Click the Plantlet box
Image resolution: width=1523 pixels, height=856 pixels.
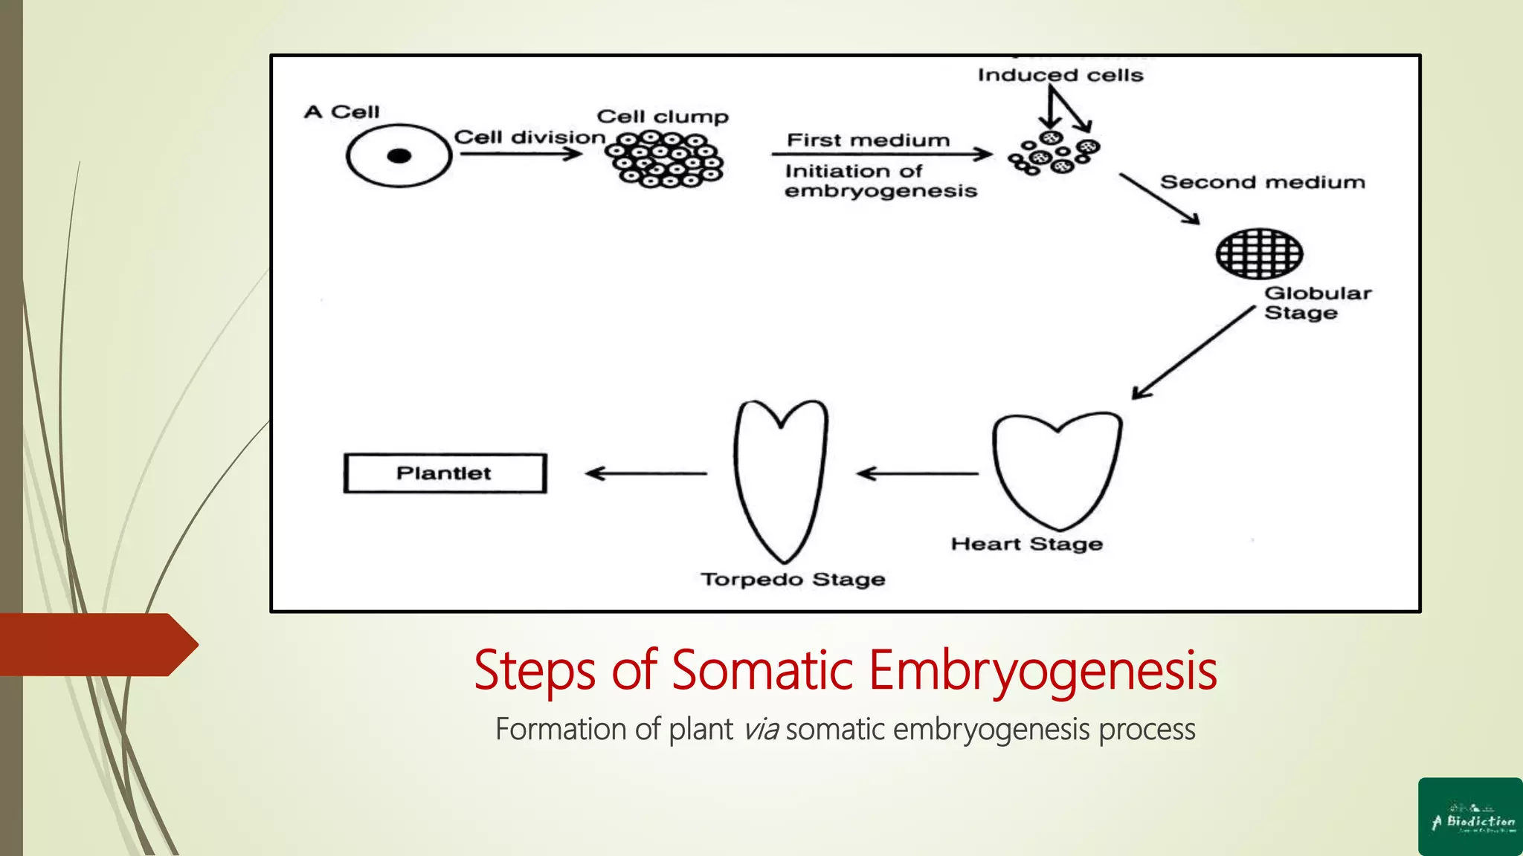[x=445, y=473]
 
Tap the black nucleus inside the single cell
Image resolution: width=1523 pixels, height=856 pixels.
[x=399, y=156]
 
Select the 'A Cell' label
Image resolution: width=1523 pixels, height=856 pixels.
[x=342, y=112]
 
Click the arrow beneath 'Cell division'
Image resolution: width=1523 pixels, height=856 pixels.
[x=521, y=154]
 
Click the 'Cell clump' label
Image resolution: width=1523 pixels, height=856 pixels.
[x=663, y=117]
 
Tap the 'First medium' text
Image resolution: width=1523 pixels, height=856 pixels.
[x=869, y=140]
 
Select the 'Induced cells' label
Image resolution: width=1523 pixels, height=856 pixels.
[x=1060, y=75]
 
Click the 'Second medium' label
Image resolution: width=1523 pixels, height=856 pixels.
[x=1263, y=182]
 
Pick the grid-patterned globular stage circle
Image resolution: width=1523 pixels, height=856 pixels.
[x=1259, y=253]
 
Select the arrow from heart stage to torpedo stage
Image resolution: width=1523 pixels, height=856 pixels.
[x=918, y=473]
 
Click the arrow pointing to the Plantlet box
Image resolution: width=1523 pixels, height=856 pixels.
[x=646, y=473]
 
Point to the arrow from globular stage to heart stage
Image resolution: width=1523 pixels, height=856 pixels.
[x=1193, y=353]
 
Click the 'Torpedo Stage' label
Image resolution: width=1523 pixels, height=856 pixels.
[x=793, y=579]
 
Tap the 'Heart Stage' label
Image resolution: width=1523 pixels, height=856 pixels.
[x=1027, y=544]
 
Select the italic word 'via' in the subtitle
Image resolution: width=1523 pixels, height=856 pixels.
[x=761, y=730]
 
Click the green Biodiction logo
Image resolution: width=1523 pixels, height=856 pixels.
[x=1470, y=817]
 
